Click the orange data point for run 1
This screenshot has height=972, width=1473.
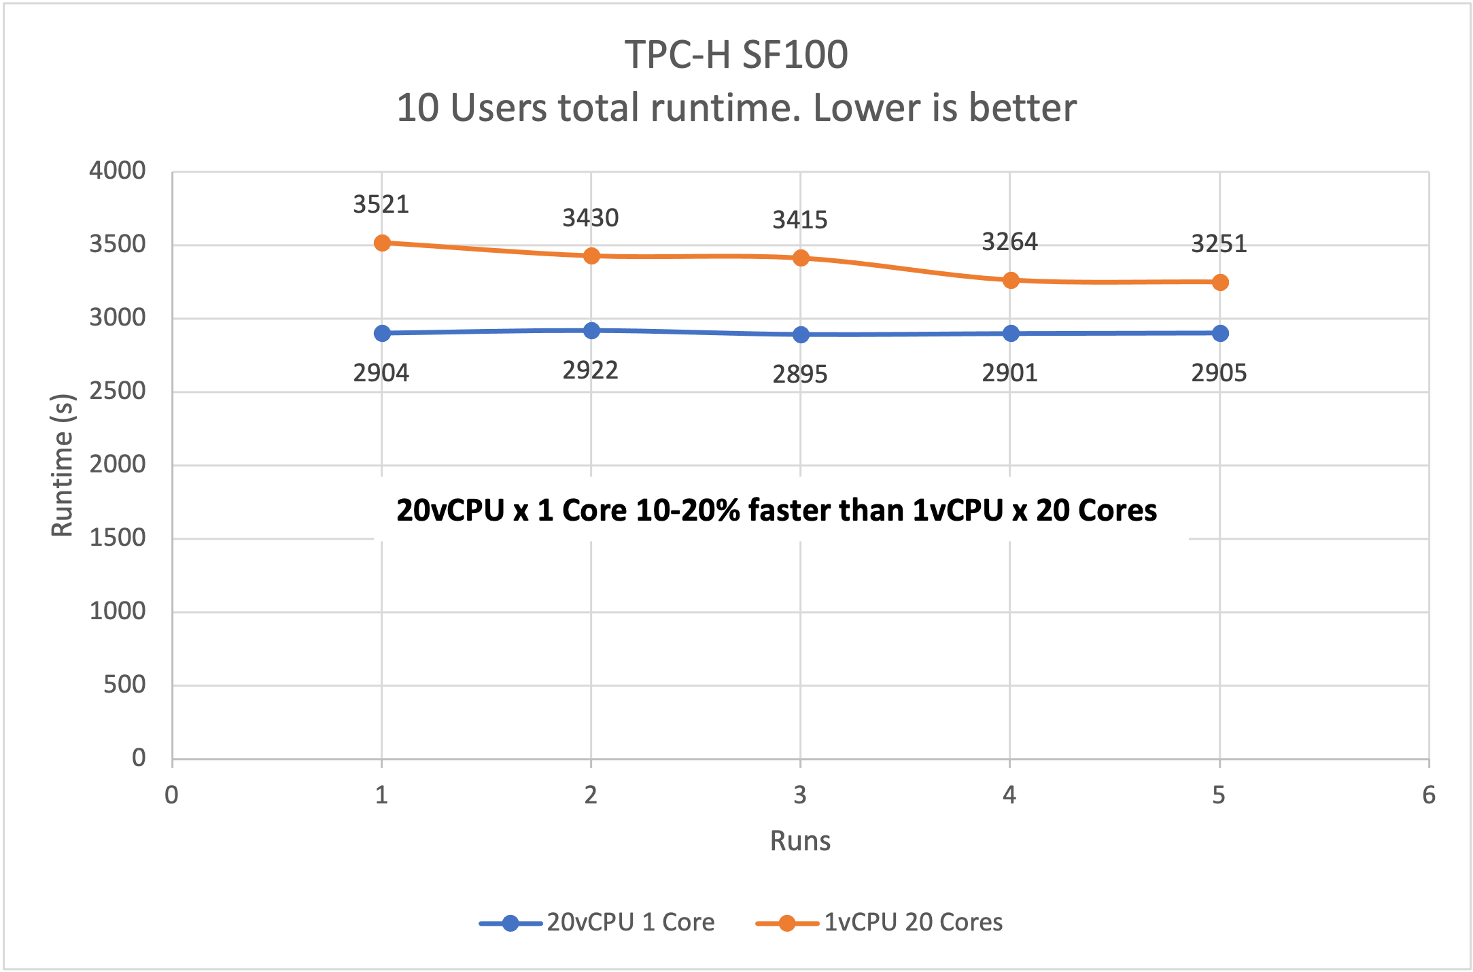(382, 243)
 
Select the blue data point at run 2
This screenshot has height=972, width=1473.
(591, 331)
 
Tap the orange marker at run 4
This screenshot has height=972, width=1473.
(1011, 280)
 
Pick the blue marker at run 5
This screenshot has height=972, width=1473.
(1220, 333)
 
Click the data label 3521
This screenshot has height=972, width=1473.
(381, 205)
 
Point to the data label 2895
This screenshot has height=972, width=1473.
(800, 375)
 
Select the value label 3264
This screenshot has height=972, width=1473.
(1009, 242)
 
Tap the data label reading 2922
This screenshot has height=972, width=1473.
(590, 370)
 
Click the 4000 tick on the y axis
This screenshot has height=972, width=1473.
(118, 171)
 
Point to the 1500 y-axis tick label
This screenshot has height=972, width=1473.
(118, 538)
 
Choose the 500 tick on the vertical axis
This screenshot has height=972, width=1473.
(124, 684)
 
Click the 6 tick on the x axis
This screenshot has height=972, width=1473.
(1429, 795)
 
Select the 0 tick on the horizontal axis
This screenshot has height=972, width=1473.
(172, 795)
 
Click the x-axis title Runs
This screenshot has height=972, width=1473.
(800, 841)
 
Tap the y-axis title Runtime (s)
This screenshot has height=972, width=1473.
(63, 465)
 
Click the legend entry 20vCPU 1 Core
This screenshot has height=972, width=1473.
(630, 922)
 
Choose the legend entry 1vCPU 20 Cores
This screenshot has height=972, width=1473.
(913, 922)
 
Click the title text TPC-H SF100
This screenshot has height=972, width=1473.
(736, 54)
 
